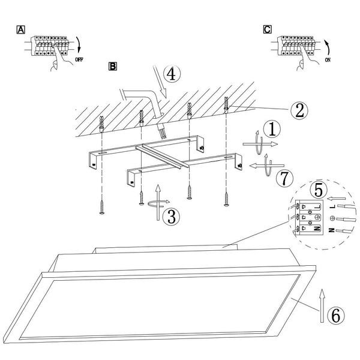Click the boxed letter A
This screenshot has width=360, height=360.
[x=22, y=29]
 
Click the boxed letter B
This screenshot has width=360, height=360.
[x=112, y=66]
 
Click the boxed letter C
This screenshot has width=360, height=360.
[x=267, y=29]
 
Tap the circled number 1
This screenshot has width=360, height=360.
[x=274, y=128]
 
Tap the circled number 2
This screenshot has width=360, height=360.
[x=299, y=110]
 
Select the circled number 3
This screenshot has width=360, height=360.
[x=172, y=216]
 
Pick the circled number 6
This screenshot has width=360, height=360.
[x=336, y=313]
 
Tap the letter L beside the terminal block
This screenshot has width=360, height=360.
[x=332, y=207]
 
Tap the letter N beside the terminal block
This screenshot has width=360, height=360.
[x=332, y=230]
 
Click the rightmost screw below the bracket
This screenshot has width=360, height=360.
[x=226, y=197]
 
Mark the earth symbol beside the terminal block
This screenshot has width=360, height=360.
[x=331, y=219]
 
